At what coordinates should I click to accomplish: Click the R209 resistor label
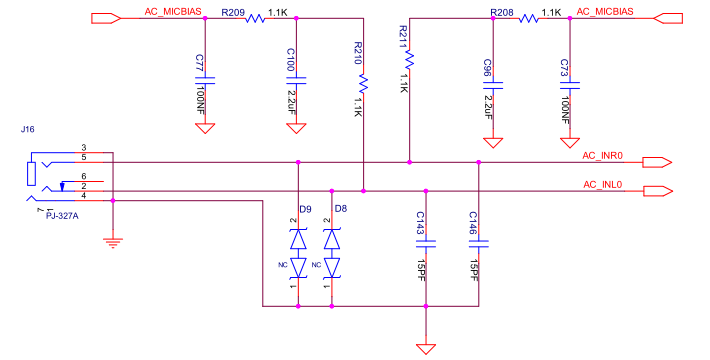(233, 12)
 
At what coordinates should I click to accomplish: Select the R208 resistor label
(502, 12)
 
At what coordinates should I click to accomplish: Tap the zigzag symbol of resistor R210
(363, 84)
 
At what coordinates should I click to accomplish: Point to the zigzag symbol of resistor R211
(409, 60)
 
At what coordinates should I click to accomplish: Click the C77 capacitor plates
(205, 81)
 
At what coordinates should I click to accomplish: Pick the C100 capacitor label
(291, 59)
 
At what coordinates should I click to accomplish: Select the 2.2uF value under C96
(488, 107)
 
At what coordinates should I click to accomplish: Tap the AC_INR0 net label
(602, 156)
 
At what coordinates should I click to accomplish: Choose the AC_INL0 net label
(603, 184)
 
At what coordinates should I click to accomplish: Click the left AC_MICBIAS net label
(173, 12)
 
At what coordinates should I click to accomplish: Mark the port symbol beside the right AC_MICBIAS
(668, 18)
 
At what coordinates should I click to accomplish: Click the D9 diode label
(305, 209)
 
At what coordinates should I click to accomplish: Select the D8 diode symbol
(332, 254)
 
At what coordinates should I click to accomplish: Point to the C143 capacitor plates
(426, 244)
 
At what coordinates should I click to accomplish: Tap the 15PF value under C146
(474, 271)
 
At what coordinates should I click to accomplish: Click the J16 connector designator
(28, 130)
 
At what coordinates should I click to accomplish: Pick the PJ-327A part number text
(62, 216)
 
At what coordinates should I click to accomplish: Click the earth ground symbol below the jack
(113, 243)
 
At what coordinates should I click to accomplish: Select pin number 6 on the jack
(84, 176)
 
